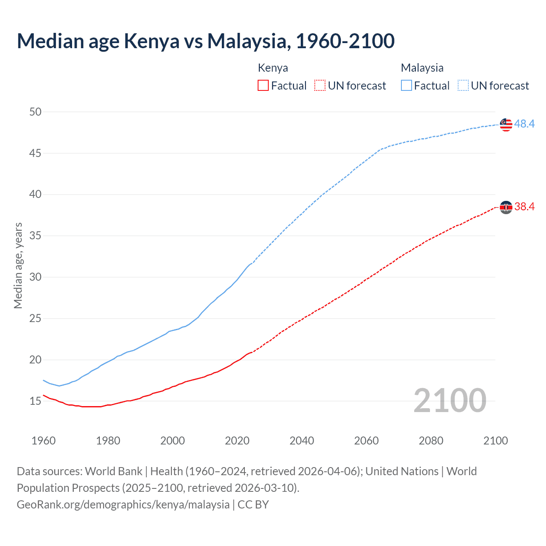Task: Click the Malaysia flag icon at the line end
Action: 506,124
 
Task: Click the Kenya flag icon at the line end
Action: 506,207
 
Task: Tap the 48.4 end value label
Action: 524,124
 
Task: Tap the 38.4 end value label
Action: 524,207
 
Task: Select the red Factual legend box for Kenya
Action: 263,86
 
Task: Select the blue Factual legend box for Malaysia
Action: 407,86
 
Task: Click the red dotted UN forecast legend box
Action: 320,86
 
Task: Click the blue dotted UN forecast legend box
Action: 463,86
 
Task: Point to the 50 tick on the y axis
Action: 35,112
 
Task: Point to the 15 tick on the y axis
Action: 35,401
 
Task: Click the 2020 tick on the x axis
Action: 237,441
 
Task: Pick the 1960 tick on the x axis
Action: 44,441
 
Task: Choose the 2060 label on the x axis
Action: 366,441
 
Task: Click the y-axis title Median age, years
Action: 18,265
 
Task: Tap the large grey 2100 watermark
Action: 450,401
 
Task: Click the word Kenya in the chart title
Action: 151,41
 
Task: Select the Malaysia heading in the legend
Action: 422,68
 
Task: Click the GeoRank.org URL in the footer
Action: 123,505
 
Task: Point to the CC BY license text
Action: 253,505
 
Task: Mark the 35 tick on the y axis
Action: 35,236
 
